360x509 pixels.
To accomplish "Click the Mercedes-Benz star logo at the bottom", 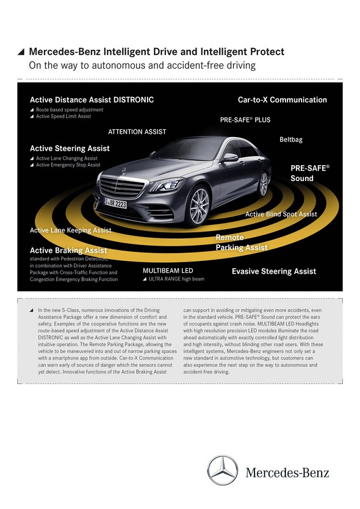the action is tap(223, 470).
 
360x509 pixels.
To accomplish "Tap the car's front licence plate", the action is tap(115, 203).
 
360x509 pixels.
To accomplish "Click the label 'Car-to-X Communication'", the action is tap(283, 100).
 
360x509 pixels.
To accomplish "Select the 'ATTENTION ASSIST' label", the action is tap(137, 132).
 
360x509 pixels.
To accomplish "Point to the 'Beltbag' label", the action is tap(291, 140).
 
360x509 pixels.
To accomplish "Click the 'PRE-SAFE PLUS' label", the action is tap(245, 120).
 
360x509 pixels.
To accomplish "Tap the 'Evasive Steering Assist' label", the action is tap(274, 271).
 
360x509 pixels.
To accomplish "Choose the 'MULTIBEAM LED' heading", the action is tap(168, 271).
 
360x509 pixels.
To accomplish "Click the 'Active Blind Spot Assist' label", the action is tap(281, 214).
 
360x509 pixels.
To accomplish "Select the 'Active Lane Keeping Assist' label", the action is tap(71, 230).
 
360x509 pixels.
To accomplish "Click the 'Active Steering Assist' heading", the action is tap(70, 148).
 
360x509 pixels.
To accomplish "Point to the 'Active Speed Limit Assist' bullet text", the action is tap(63, 116).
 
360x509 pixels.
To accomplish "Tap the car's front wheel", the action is tap(199, 206).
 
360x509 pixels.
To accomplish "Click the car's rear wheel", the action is tap(263, 184).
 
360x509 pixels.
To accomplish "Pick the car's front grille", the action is tap(122, 188).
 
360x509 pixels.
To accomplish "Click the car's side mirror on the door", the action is tap(230, 158).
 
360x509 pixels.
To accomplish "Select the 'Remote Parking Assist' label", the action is tap(242, 243).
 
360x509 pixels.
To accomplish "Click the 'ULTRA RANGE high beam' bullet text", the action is tap(176, 279).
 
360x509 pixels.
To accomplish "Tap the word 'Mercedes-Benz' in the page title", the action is tap(65, 52).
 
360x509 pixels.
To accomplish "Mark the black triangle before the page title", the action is tap(21, 52).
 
